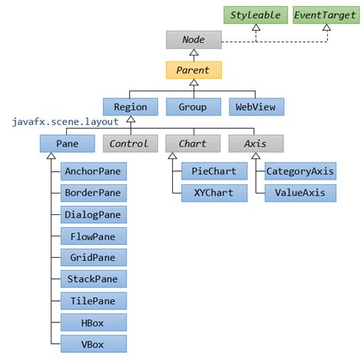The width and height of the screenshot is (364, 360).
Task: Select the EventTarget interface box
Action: [324, 15]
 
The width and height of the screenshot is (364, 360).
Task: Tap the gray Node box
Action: [194, 39]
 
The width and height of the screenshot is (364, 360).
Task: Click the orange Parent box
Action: [194, 71]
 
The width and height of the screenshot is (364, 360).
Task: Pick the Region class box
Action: [131, 107]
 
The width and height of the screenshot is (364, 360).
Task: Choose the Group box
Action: [193, 107]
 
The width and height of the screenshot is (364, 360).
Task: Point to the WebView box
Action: [256, 107]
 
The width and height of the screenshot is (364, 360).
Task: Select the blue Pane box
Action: [68, 143]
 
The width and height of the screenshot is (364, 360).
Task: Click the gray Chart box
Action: [193, 143]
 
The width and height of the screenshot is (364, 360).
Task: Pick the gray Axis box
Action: [256, 143]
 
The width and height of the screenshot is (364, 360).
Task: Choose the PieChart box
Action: [214, 171]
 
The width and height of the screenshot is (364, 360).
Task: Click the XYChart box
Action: [214, 193]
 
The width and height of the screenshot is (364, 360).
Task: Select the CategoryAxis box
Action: [300, 171]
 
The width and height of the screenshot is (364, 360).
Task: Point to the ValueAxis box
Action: [300, 193]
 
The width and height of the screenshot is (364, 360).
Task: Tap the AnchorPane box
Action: [94, 171]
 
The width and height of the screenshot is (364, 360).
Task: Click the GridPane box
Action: [94, 258]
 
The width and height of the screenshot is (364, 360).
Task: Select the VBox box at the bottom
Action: [94, 344]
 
